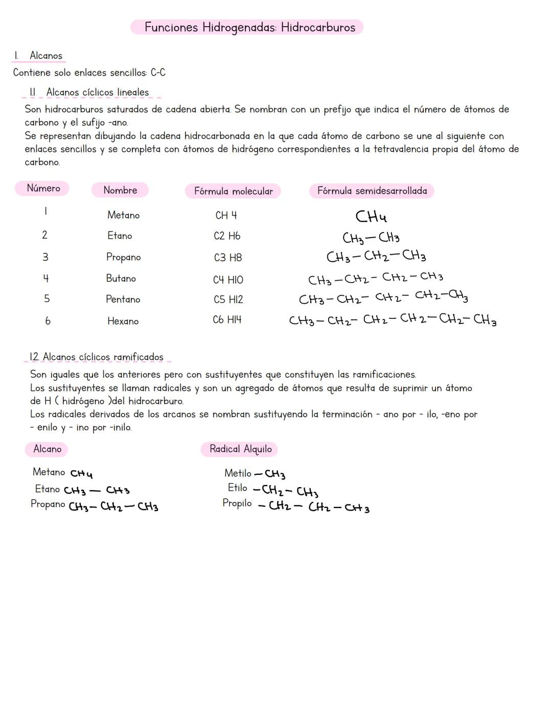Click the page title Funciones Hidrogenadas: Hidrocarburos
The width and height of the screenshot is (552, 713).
coord(249,27)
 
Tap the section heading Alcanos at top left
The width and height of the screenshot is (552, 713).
coord(45,55)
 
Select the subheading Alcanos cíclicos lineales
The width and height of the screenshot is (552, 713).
coord(97,93)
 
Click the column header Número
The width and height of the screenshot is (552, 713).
coord(43,188)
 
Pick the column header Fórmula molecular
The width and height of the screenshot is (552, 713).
coord(233,191)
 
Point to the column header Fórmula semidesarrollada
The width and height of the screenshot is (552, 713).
coord(372,191)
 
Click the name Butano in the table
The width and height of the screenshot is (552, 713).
coord(121,279)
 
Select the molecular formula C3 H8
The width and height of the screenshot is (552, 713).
coord(227,258)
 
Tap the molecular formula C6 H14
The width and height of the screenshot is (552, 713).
coord(227,320)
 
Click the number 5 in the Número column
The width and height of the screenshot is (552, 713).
coord(47,298)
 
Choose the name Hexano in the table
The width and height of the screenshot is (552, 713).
coord(123,321)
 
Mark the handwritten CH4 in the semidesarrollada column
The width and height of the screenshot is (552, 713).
coord(371,217)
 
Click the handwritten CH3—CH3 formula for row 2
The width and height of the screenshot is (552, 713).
coord(371,238)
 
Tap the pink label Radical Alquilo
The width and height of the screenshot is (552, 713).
coord(240,449)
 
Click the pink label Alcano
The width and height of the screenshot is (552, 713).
coord(47,449)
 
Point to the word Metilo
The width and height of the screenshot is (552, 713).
coord(238,473)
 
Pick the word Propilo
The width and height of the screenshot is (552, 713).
coord(237,503)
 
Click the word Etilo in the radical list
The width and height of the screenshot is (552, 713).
coord(238,488)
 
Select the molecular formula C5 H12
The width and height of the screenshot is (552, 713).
coord(228,300)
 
